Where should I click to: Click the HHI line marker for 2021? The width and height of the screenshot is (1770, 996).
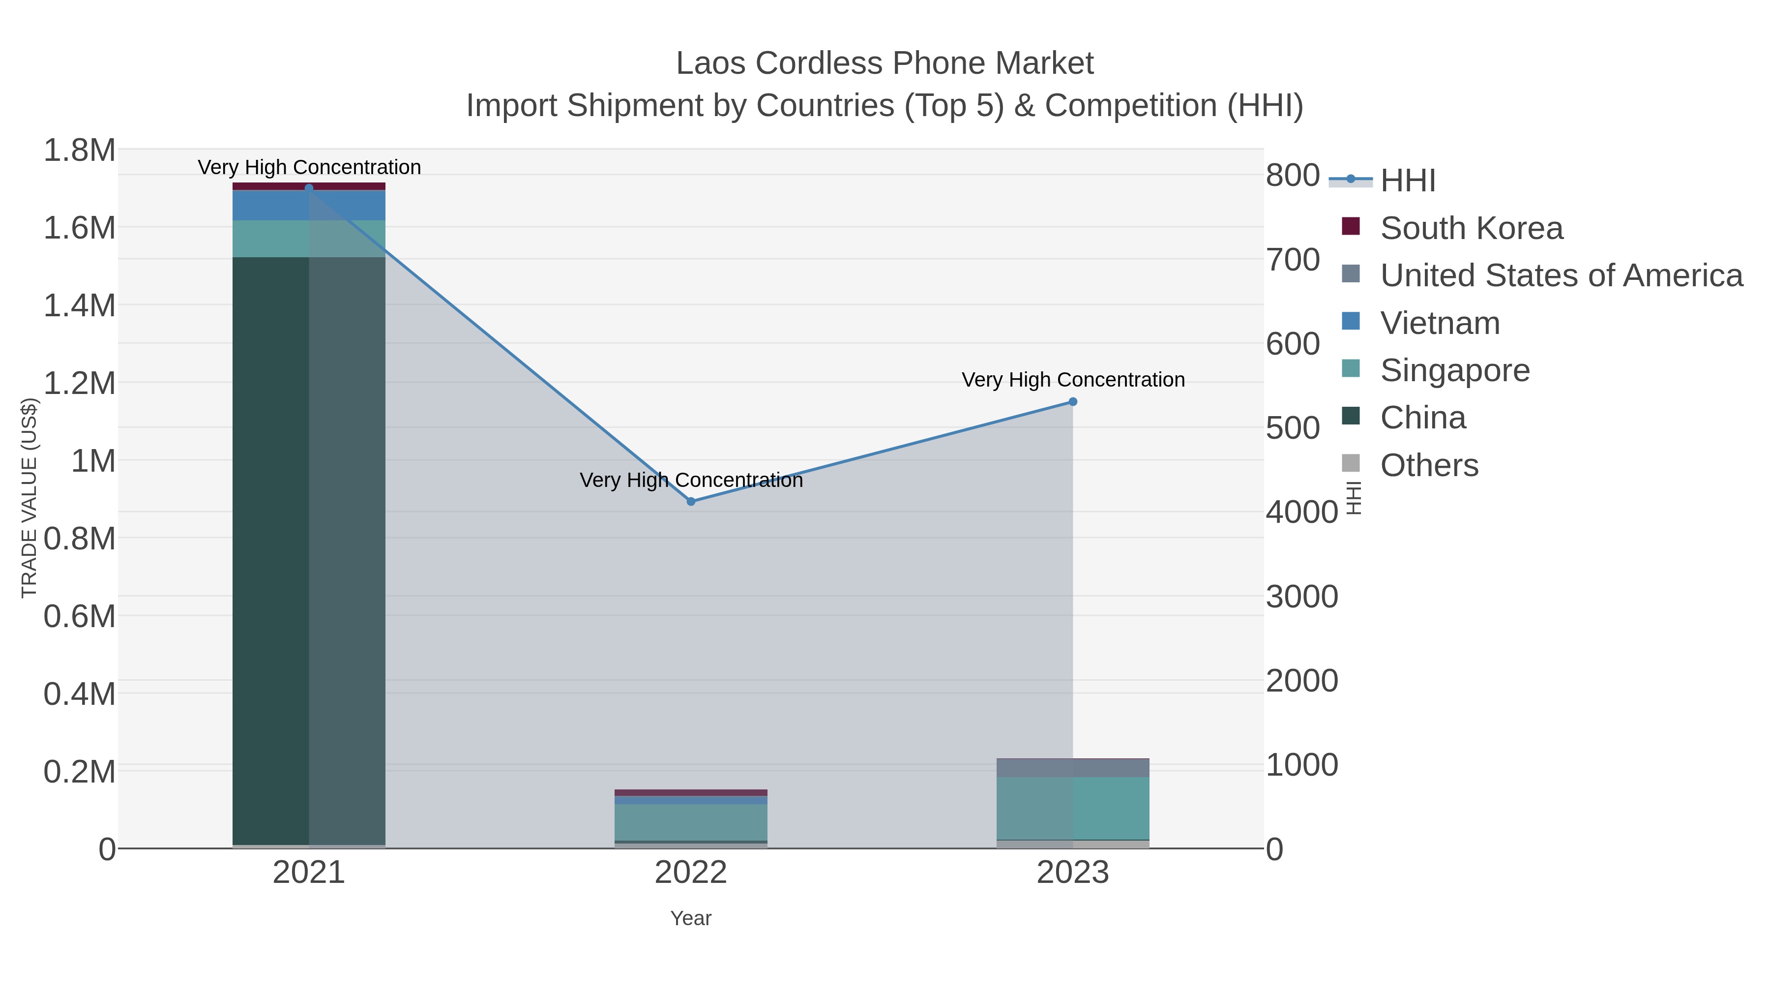[x=308, y=188]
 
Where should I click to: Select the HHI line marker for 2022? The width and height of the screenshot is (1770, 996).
[x=691, y=502]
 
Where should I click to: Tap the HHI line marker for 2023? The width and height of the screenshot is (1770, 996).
[x=1073, y=402]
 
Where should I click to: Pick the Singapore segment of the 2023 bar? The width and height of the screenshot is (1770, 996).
[x=1073, y=808]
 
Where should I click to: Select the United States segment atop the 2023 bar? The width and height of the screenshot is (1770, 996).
[x=1073, y=768]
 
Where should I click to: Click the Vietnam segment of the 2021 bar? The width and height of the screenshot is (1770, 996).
[x=308, y=206]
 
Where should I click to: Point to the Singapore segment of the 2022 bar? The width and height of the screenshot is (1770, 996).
[x=691, y=822]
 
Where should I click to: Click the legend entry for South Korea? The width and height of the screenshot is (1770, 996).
[x=1471, y=228]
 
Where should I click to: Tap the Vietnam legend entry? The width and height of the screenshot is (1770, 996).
[x=1440, y=323]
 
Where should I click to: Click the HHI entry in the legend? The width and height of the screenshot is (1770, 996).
[x=1407, y=181]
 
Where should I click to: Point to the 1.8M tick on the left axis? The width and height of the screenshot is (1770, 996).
[x=79, y=151]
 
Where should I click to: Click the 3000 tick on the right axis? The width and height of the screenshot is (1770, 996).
[x=1301, y=597]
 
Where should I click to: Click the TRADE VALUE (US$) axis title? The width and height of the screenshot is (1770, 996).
[x=29, y=498]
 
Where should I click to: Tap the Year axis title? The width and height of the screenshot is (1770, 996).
[x=691, y=918]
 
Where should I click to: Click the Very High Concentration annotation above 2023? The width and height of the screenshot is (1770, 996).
[x=1073, y=380]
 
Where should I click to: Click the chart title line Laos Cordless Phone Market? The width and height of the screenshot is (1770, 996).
[x=885, y=63]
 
